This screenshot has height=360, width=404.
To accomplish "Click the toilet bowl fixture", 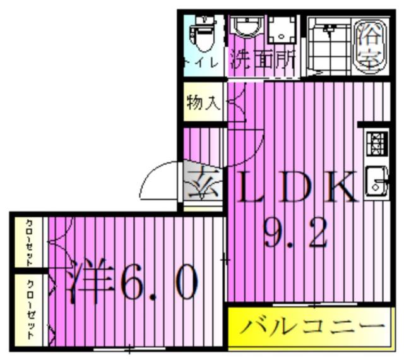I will click(203, 35).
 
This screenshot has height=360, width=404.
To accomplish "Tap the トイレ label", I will click(202, 63).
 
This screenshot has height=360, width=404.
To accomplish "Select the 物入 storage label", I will click(203, 102).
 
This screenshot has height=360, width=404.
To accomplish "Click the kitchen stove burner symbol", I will click(377, 144).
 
